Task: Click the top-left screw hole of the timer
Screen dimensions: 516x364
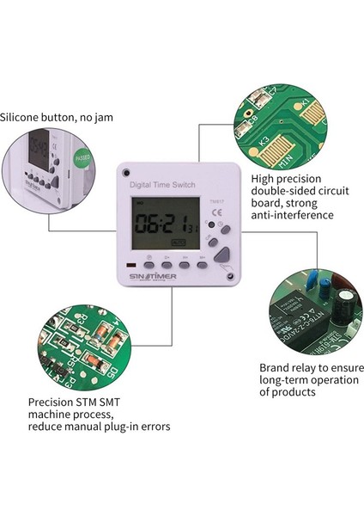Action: click(x=125, y=169)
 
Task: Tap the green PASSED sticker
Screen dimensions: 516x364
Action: click(x=82, y=161)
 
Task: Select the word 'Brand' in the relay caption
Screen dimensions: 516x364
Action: click(x=278, y=367)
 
